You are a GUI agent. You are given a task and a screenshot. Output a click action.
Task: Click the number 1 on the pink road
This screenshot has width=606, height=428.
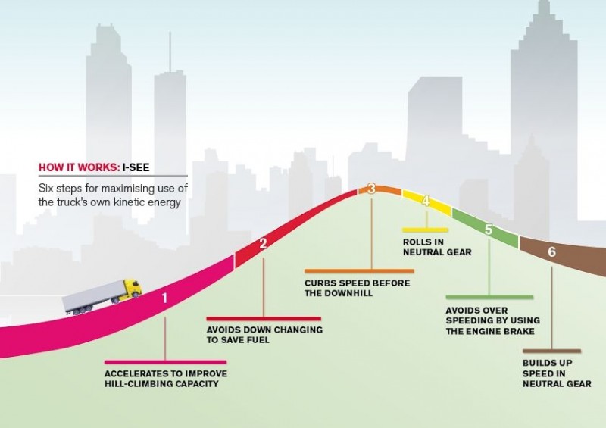[165, 298]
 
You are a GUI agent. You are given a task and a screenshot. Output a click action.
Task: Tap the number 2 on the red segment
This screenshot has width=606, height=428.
[263, 244]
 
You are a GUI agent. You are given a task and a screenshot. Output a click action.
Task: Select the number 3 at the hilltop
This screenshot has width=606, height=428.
[371, 189]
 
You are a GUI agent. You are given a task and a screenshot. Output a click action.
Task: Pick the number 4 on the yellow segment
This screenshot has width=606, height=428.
[426, 201]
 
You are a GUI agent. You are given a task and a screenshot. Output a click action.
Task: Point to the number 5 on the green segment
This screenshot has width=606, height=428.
[489, 230]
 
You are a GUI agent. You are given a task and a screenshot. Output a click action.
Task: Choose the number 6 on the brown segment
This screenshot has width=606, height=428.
[552, 252]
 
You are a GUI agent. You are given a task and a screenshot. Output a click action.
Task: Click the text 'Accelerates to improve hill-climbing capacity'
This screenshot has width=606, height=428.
[166, 379]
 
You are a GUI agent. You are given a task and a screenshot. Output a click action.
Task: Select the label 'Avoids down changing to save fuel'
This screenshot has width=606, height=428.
[264, 335]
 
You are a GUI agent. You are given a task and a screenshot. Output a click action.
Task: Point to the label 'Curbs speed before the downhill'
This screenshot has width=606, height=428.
[357, 288]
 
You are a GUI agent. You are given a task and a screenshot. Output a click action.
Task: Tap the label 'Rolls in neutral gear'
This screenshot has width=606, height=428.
[437, 247]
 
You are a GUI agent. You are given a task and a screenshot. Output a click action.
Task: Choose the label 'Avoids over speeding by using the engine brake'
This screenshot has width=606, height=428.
[493, 321]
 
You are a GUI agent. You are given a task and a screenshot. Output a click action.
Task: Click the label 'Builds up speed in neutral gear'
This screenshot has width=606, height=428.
[557, 373]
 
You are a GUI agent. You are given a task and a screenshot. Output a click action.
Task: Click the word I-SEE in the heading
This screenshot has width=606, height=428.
[136, 167]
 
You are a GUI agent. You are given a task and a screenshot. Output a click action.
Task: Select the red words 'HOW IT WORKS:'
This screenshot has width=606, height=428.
[79, 167]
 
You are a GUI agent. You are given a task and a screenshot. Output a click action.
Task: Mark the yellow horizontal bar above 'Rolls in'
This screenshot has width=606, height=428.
[425, 230]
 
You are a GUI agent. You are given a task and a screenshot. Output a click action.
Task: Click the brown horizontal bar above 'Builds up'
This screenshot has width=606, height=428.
[551, 351]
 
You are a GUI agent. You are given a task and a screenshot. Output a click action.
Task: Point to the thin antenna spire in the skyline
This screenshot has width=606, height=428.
[170, 52]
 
